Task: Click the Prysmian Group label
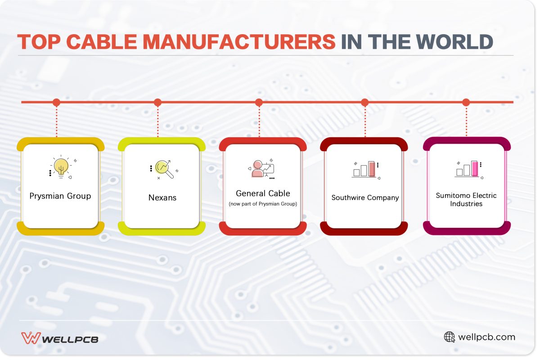click(x=60, y=196)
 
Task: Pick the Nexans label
click(x=162, y=198)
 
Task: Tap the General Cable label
click(x=263, y=193)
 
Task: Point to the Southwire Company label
click(x=365, y=198)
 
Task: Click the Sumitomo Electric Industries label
click(x=466, y=200)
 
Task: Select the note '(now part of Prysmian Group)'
click(x=263, y=204)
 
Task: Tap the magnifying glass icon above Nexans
click(x=164, y=169)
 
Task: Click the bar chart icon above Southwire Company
click(x=365, y=169)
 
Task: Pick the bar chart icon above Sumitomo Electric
click(x=468, y=169)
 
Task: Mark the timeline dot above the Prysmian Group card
click(x=56, y=103)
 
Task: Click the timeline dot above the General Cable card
click(x=259, y=103)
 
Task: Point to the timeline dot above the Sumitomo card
click(x=466, y=103)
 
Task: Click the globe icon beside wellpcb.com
click(x=449, y=337)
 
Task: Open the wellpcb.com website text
click(x=486, y=337)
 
